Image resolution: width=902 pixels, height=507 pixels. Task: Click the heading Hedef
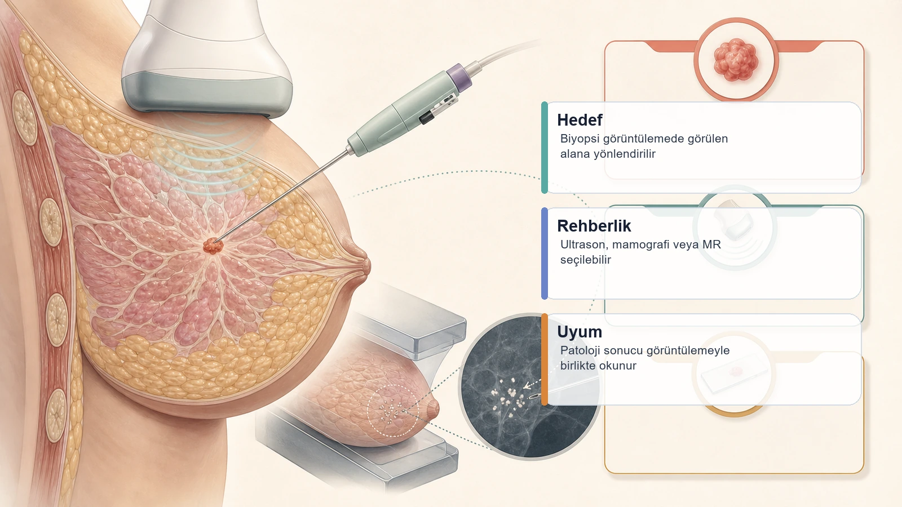(x=580, y=120)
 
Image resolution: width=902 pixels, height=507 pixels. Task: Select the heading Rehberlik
(x=594, y=226)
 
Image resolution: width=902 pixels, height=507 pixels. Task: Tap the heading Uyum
(x=580, y=332)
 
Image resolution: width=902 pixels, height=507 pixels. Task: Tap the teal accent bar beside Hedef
(x=545, y=148)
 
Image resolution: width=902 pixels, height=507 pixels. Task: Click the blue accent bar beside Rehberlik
(x=545, y=253)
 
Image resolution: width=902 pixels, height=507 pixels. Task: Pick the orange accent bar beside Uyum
(x=545, y=359)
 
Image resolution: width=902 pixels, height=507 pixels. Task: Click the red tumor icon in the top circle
(x=736, y=60)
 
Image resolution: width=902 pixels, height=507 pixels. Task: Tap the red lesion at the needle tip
(x=213, y=246)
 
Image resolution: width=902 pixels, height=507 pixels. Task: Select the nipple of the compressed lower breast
(x=434, y=408)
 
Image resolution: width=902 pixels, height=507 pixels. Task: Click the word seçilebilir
(x=586, y=260)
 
